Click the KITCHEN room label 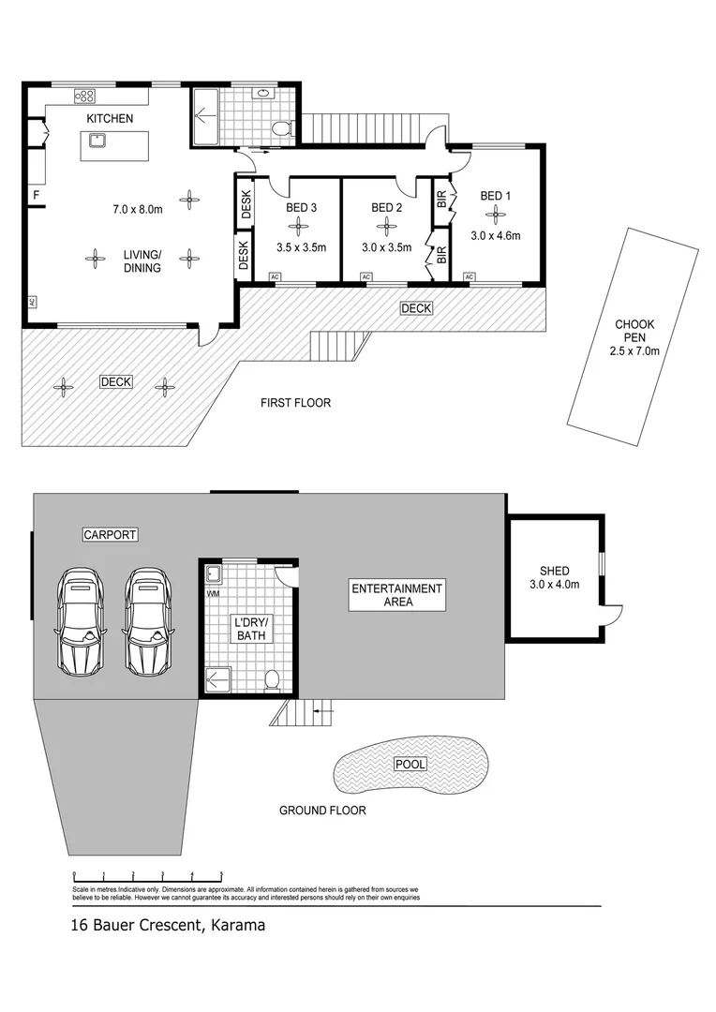(110, 119)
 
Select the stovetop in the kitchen (85, 94)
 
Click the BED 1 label (496, 196)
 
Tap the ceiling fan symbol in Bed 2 (384, 226)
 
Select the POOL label (410, 765)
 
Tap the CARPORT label (110, 535)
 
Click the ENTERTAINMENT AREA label (396, 595)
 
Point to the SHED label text (554, 571)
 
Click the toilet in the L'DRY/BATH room (273, 679)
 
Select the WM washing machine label (211, 593)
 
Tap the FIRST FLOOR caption (295, 403)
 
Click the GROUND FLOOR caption (322, 811)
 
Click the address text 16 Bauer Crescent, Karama (169, 926)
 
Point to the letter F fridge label (37, 196)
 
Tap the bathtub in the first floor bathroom (204, 117)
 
